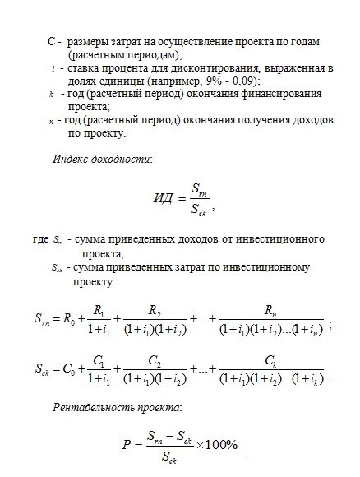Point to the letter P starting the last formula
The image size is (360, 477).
click(126, 445)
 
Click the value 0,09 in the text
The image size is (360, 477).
click(242, 83)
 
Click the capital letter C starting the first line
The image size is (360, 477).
click(53, 40)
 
